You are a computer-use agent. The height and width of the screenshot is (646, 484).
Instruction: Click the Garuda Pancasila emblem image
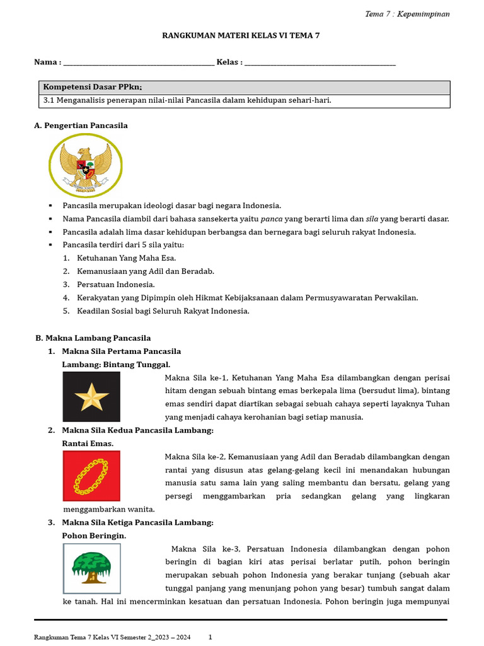click(x=81, y=167)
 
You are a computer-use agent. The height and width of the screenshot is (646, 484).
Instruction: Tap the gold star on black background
click(x=91, y=397)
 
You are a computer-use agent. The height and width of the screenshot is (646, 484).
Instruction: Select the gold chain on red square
click(x=91, y=476)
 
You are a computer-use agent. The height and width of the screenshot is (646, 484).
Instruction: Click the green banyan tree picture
click(x=91, y=568)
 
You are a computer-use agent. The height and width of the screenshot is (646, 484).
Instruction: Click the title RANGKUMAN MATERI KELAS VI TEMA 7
click(x=241, y=36)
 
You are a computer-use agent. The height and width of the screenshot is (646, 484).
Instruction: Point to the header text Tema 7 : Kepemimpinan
click(x=408, y=14)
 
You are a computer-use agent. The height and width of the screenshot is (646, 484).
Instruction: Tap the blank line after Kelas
click(x=320, y=62)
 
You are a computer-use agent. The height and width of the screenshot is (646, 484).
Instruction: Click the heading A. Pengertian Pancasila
click(x=81, y=126)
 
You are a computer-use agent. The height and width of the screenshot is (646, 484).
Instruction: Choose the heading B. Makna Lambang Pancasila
click(x=93, y=338)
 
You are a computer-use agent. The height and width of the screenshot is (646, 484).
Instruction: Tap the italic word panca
click(x=271, y=219)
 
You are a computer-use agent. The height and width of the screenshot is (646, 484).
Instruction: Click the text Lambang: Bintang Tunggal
click(x=116, y=365)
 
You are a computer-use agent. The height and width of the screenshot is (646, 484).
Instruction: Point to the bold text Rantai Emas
click(x=88, y=443)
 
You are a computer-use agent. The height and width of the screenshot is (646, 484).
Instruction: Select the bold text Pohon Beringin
click(x=94, y=536)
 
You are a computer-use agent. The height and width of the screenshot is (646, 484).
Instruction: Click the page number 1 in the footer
click(x=210, y=637)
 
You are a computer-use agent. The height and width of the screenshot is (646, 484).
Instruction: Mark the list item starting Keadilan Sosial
click(x=163, y=311)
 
